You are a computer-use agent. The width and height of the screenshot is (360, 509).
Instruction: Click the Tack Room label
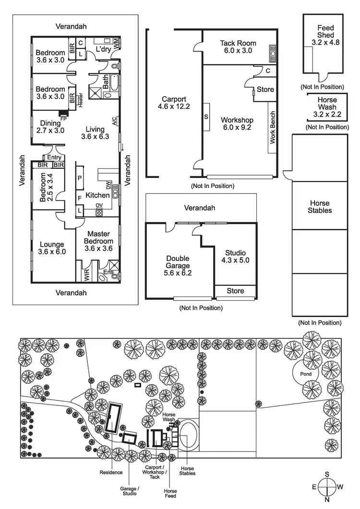click(238, 47)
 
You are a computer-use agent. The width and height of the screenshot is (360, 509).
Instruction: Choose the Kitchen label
click(97, 195)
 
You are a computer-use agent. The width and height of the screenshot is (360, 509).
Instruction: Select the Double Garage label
click(178, 266)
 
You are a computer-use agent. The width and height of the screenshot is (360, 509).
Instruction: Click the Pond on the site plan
click(306, 374)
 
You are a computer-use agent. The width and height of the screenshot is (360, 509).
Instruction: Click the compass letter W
click(340, 487)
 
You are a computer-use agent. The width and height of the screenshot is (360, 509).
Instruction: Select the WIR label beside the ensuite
click(87, 275)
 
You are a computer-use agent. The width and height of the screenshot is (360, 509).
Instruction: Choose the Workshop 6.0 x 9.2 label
click(237, 123)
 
